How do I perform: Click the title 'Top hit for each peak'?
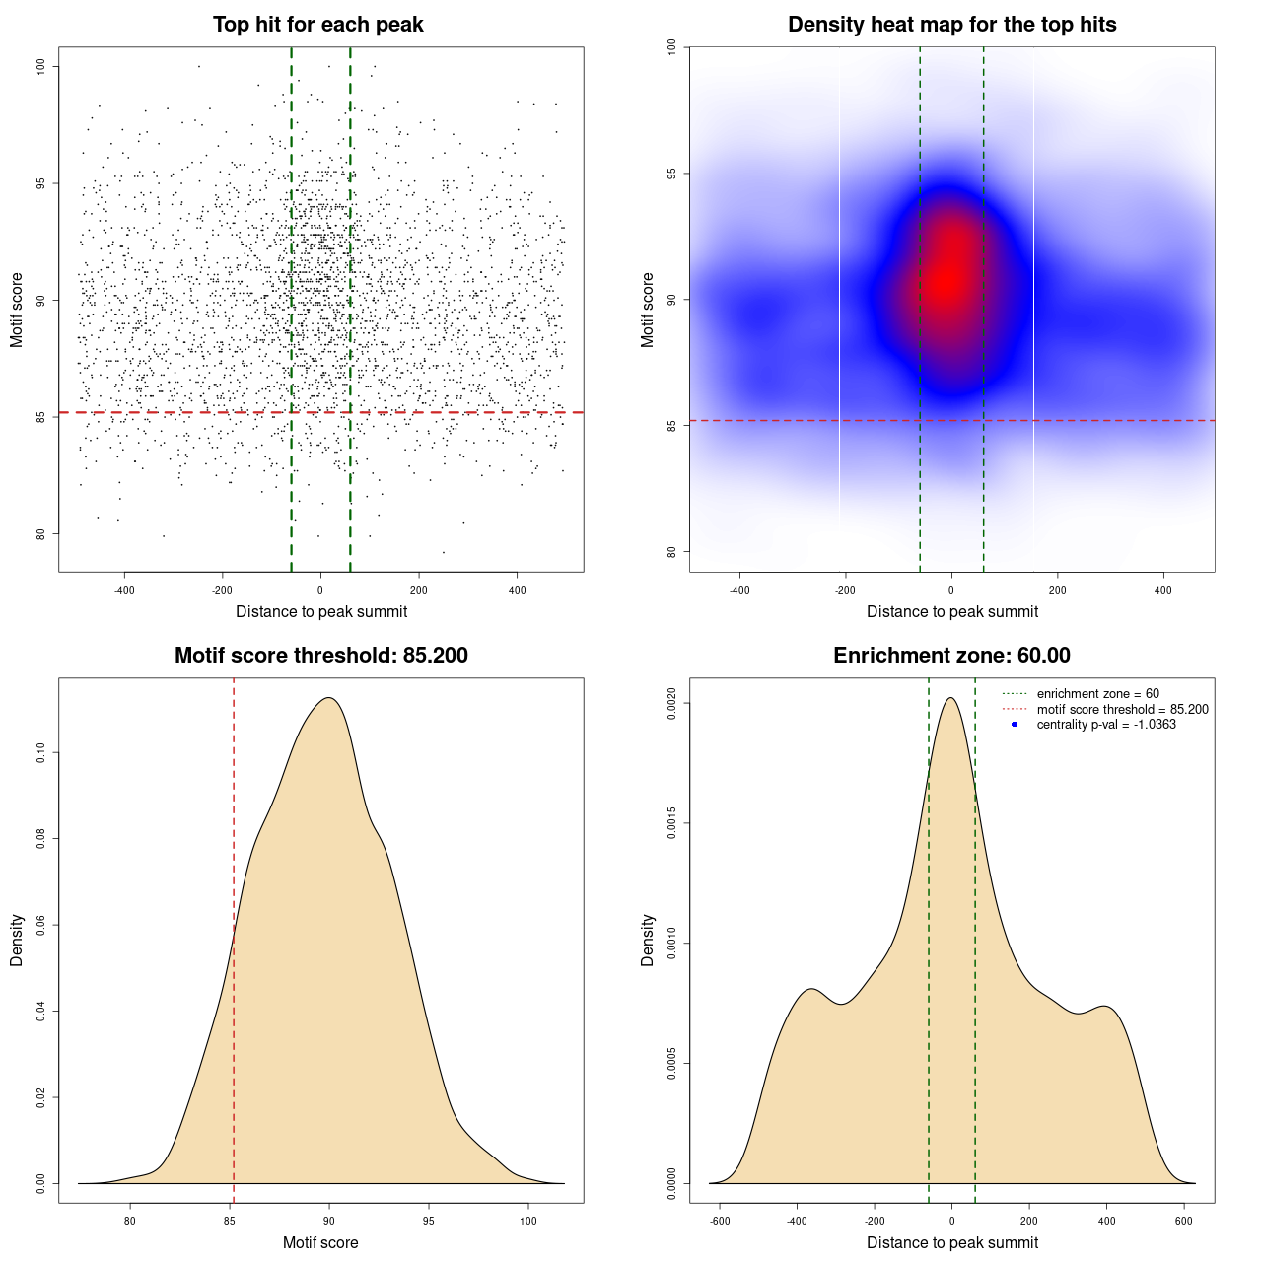(317, 25)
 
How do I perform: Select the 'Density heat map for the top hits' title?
(951, 25)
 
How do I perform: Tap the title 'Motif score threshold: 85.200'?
(320, 656)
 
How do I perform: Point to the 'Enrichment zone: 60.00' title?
(951, 656)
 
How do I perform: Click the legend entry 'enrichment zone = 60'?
(1097, 694)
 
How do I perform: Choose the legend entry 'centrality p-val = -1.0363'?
(1106, 725)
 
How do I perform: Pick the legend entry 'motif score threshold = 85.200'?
(1122, 709)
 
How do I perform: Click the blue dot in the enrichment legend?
(1015, 725)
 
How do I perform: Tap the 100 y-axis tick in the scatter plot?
(40, 66)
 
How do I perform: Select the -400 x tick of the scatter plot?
(124, 590)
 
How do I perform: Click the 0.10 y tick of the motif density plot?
(40, 753)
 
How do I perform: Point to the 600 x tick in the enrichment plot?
(1184, 1221)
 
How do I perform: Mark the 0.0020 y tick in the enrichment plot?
(671, 704)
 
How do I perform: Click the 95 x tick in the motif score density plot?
(428, 1221)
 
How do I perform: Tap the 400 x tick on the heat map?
(1163, 590)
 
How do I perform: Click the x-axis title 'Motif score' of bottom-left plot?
(320, 1242)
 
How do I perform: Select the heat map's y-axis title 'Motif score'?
(648, 310)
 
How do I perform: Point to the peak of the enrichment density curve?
(950, 698)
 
